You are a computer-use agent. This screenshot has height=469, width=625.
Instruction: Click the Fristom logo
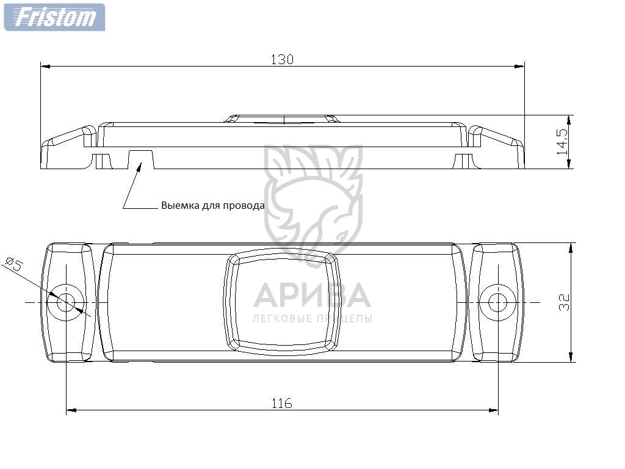[54, 17]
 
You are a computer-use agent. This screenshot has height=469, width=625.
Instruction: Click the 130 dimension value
[282, 59]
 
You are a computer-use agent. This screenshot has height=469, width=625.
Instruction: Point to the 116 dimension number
[282, 403]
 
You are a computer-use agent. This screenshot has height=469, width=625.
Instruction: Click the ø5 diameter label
[14, 264]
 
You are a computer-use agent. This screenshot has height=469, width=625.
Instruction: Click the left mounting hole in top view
[66, 302]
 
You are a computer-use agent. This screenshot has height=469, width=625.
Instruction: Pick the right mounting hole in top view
[497, 302]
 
